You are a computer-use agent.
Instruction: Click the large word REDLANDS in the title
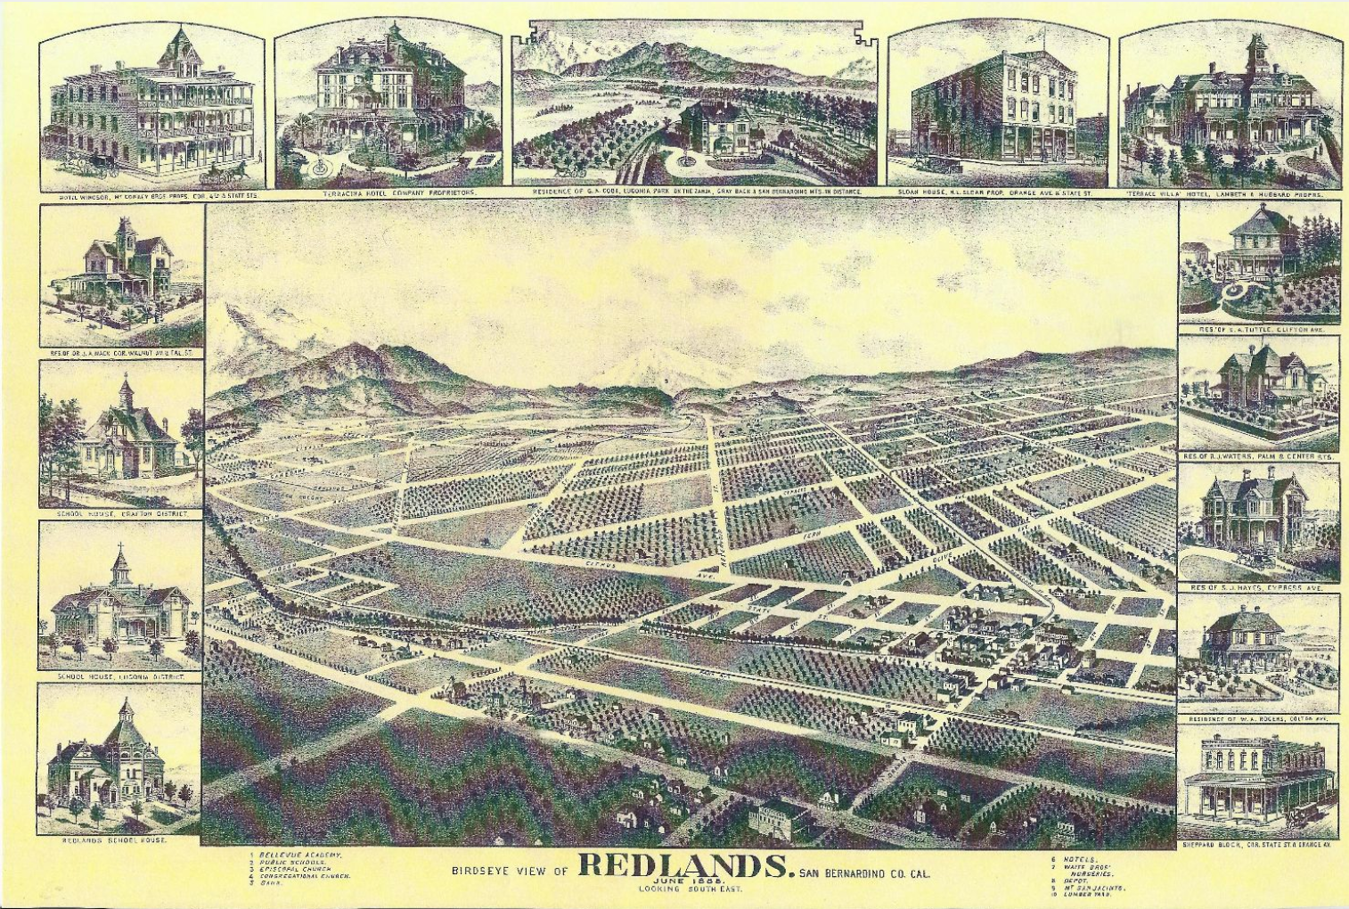(x=684, y=867)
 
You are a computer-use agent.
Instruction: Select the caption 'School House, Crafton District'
(x=122, y=514)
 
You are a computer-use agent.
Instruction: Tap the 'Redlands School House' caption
(x=114, y=840)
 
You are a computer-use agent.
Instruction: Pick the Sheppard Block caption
(x=1259, y=844)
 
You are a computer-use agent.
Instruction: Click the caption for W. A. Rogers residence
(x=1259, y=718)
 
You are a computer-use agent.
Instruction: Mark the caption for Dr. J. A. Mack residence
(x=122, y=353)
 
